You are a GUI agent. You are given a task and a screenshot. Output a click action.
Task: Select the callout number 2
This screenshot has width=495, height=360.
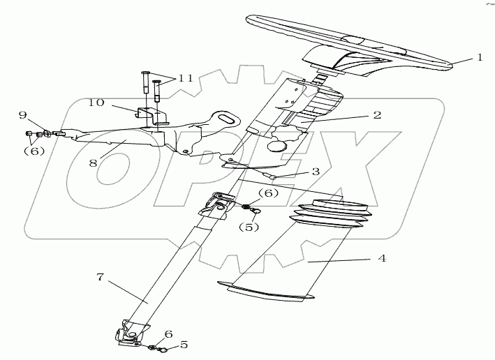[x=376, y=115]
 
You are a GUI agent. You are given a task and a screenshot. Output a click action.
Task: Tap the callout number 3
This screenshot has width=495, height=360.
[x=316, y=170]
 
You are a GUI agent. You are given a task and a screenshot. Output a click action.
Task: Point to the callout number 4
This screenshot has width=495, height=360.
[x=381, y=257]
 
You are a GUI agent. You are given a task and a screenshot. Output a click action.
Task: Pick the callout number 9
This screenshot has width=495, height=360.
[x=42, y=114]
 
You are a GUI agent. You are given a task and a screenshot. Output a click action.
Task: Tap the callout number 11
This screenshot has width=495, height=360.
[x=184, y=77]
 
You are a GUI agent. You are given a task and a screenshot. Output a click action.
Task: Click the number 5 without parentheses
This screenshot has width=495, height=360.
[x=185, y=343]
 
